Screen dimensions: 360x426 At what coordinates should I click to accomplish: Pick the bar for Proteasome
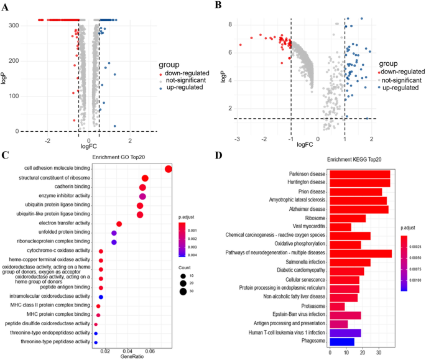336,306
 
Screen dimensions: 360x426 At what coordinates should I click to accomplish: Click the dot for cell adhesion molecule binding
168,169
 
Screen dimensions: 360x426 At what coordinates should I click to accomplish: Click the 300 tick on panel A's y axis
13,25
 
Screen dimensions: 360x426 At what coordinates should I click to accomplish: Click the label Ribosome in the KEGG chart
313,218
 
